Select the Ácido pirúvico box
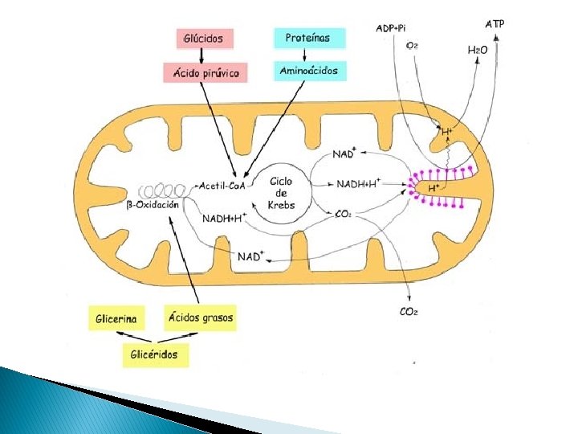coord(206,72)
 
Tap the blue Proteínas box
coord(309,38)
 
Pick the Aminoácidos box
coord(309,71)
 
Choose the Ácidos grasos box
coord(201,317)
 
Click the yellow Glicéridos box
coord(155,354)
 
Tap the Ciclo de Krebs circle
coord(282,193)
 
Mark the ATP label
coord(495,24)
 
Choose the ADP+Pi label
coord(391,29)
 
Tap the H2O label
coord(478,51)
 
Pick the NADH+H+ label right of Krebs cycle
coord(359,184)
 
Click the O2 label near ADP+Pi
coord(411,47)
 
